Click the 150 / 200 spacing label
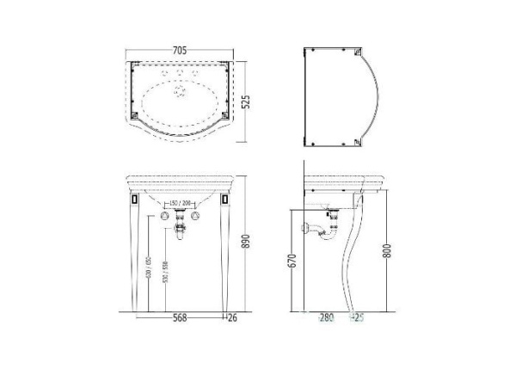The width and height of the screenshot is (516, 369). click(x=181, y=203)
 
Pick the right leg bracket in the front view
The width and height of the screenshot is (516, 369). click(x=226, y=199)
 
